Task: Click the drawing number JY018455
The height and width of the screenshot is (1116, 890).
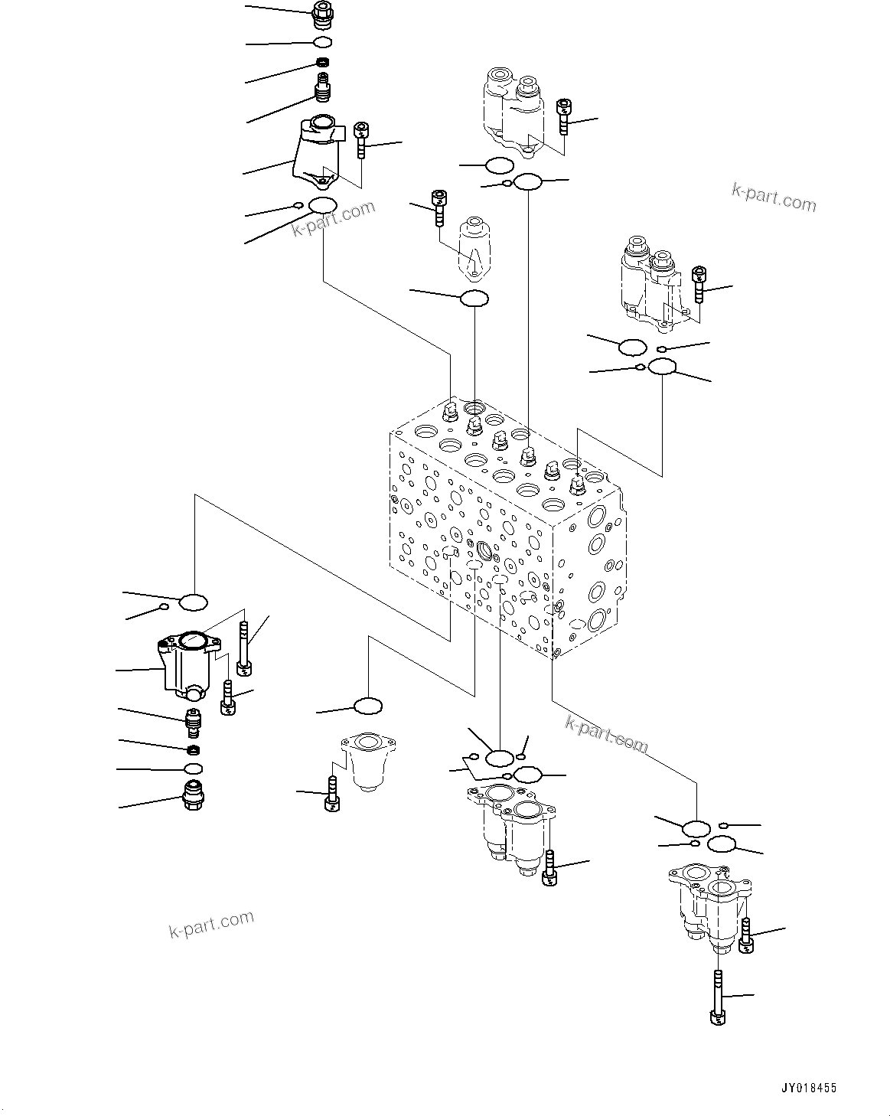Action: pyautogui.click(x=809, y=1088)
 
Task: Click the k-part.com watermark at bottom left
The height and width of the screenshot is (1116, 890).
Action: pyautogui.click(x=210, y=924)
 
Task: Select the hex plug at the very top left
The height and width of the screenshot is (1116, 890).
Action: pyautogui.click(x=324, y=13)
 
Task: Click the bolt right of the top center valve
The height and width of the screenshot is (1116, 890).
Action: pyautogui.click(x=564, y=116)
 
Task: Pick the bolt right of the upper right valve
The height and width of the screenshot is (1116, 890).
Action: pyautogui.click(x=698, y=284)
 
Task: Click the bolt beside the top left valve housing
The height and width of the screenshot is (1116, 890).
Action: pyautogui.click(x=361, y=139)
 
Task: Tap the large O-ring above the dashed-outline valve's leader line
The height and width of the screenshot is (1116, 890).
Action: pyautogui.click(x=474, y=299)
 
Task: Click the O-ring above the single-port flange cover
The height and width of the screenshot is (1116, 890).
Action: pyautogui.click(x=369, y=705)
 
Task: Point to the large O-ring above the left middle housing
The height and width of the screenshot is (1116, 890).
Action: pyautogui.click(x=194, y=602)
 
